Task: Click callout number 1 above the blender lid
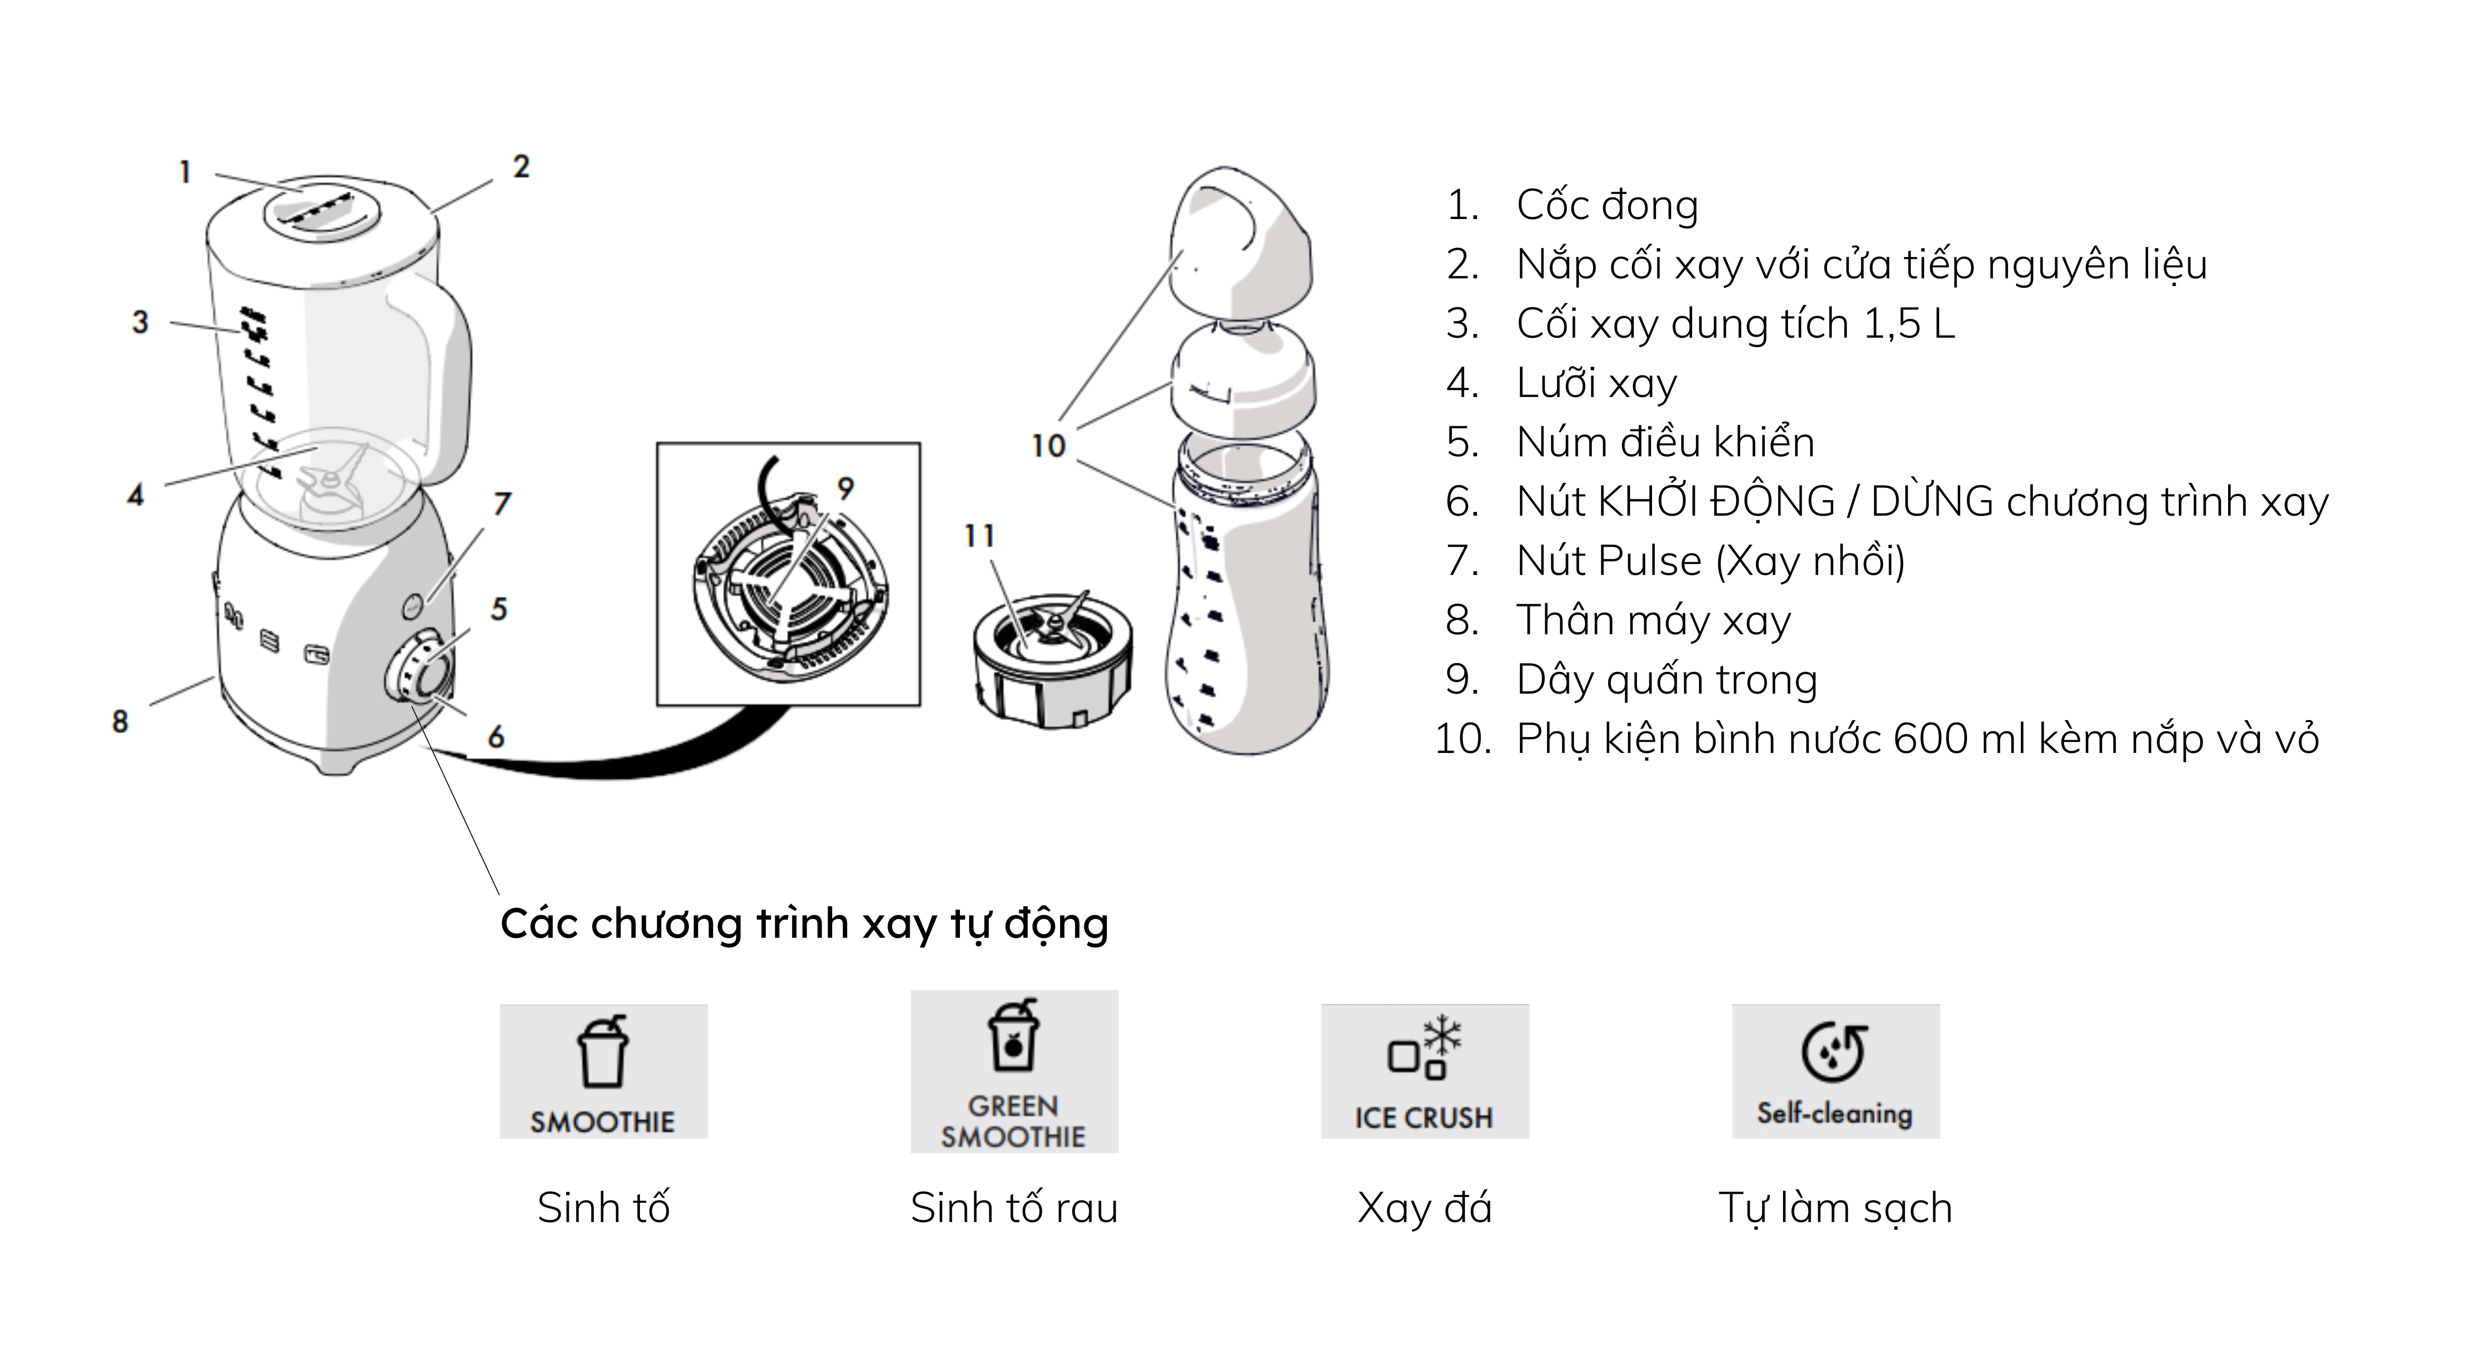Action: [185, 172]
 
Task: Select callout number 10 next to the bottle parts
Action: [1048, 446]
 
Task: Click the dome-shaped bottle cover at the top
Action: [1241, 244]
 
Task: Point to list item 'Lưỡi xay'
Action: [1596, 383]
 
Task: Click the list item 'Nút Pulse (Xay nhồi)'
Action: [1710, 561]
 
